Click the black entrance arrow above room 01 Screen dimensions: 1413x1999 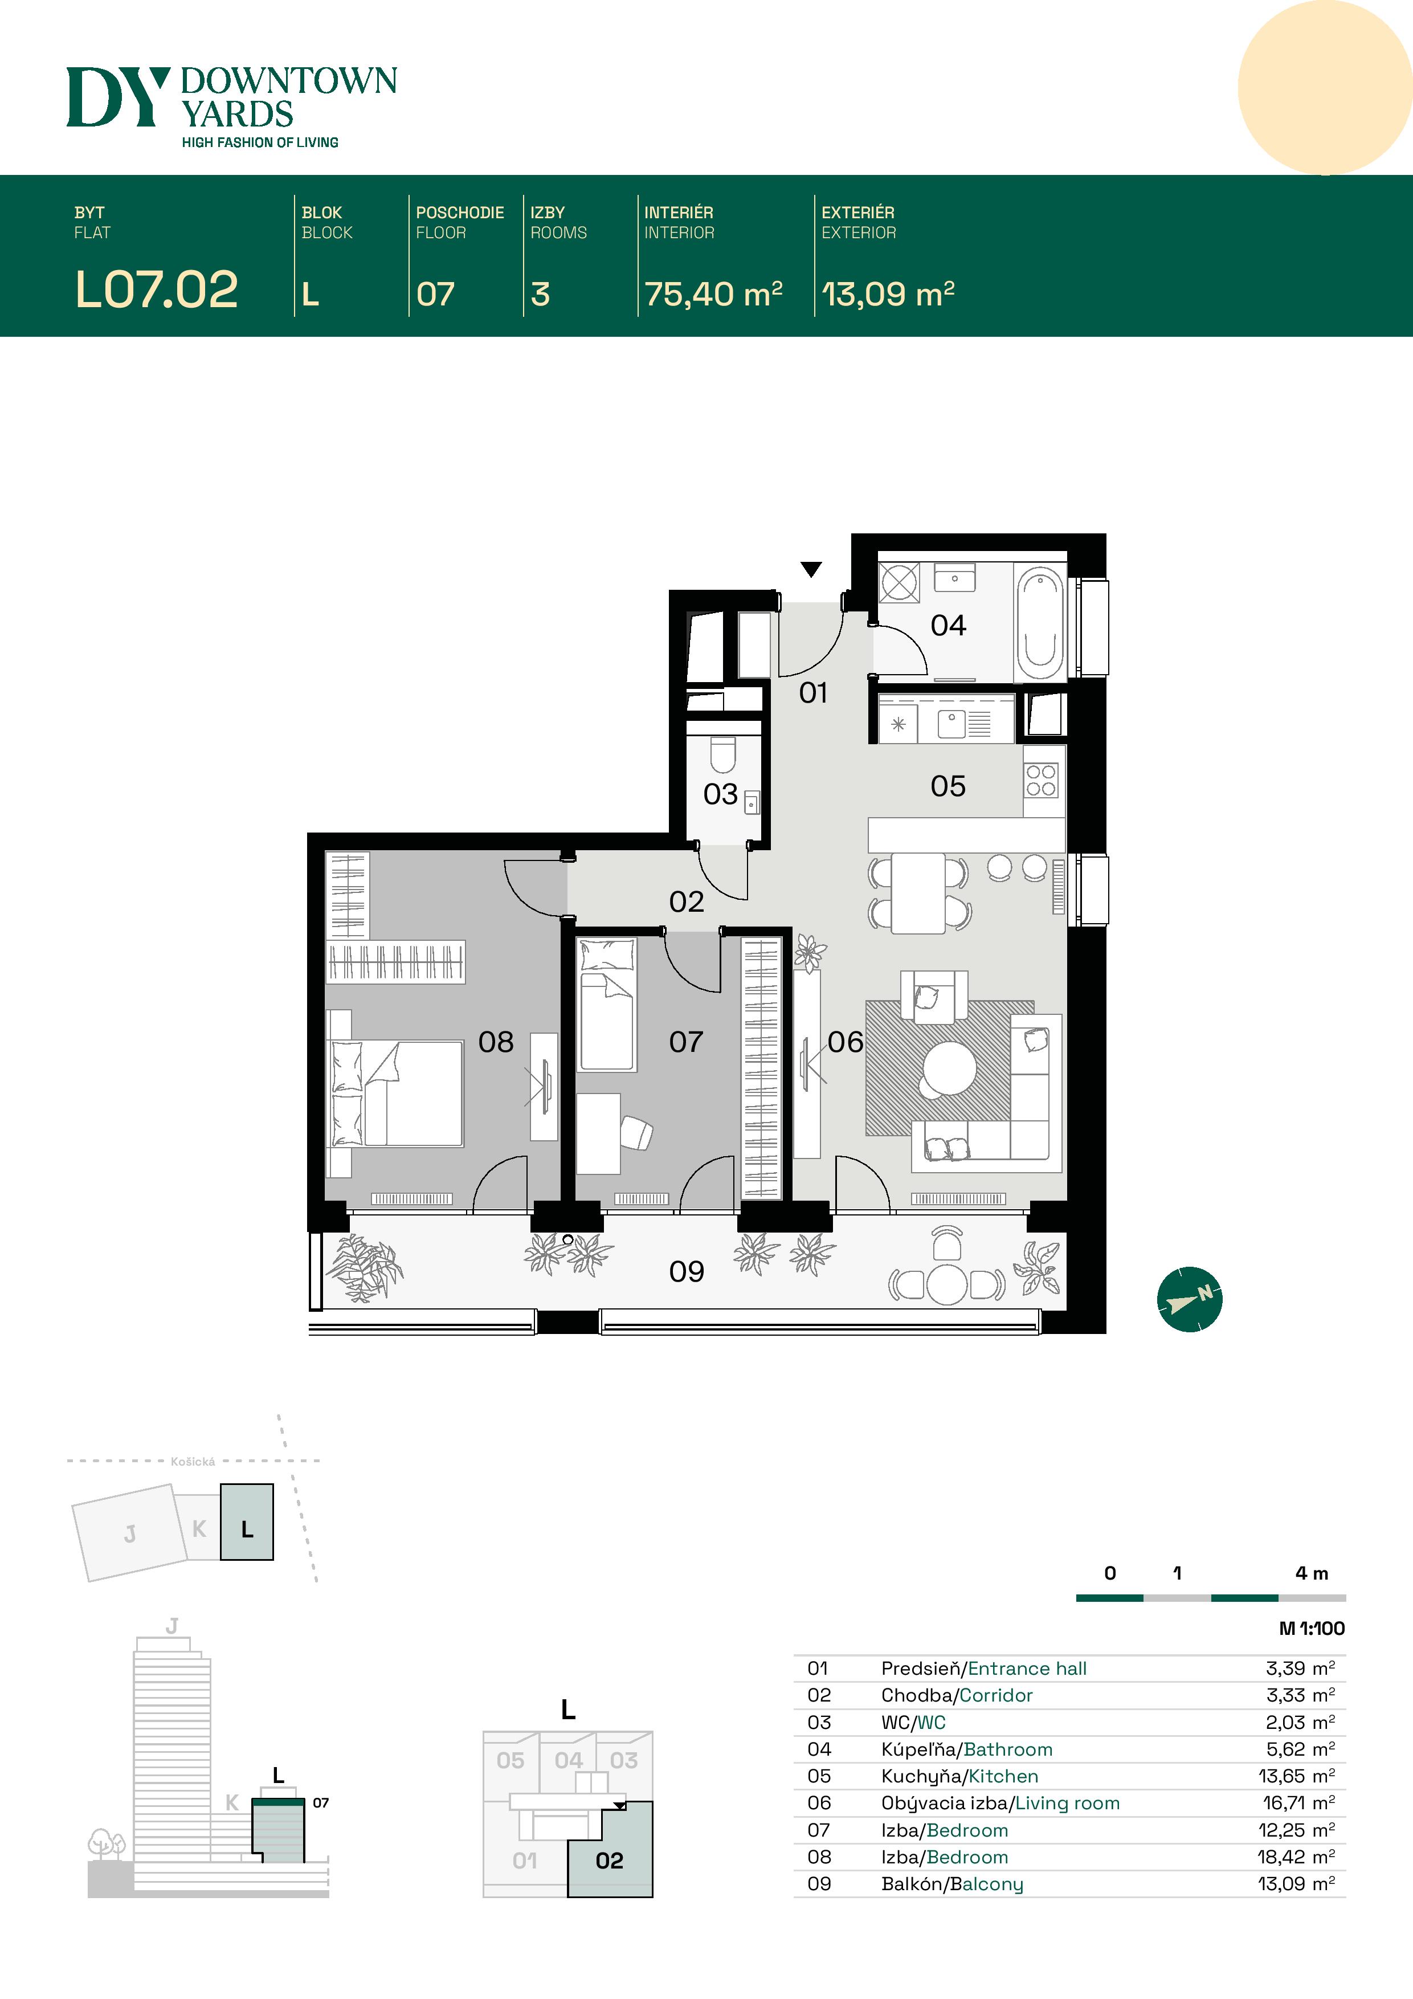811,569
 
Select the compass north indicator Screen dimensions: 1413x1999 1189,1299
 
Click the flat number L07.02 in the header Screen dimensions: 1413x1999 157,289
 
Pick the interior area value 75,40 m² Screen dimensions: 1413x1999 713,294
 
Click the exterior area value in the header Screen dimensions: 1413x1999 888,294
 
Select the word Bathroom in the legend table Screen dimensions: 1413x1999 1007,1749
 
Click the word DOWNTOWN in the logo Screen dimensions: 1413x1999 288,81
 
